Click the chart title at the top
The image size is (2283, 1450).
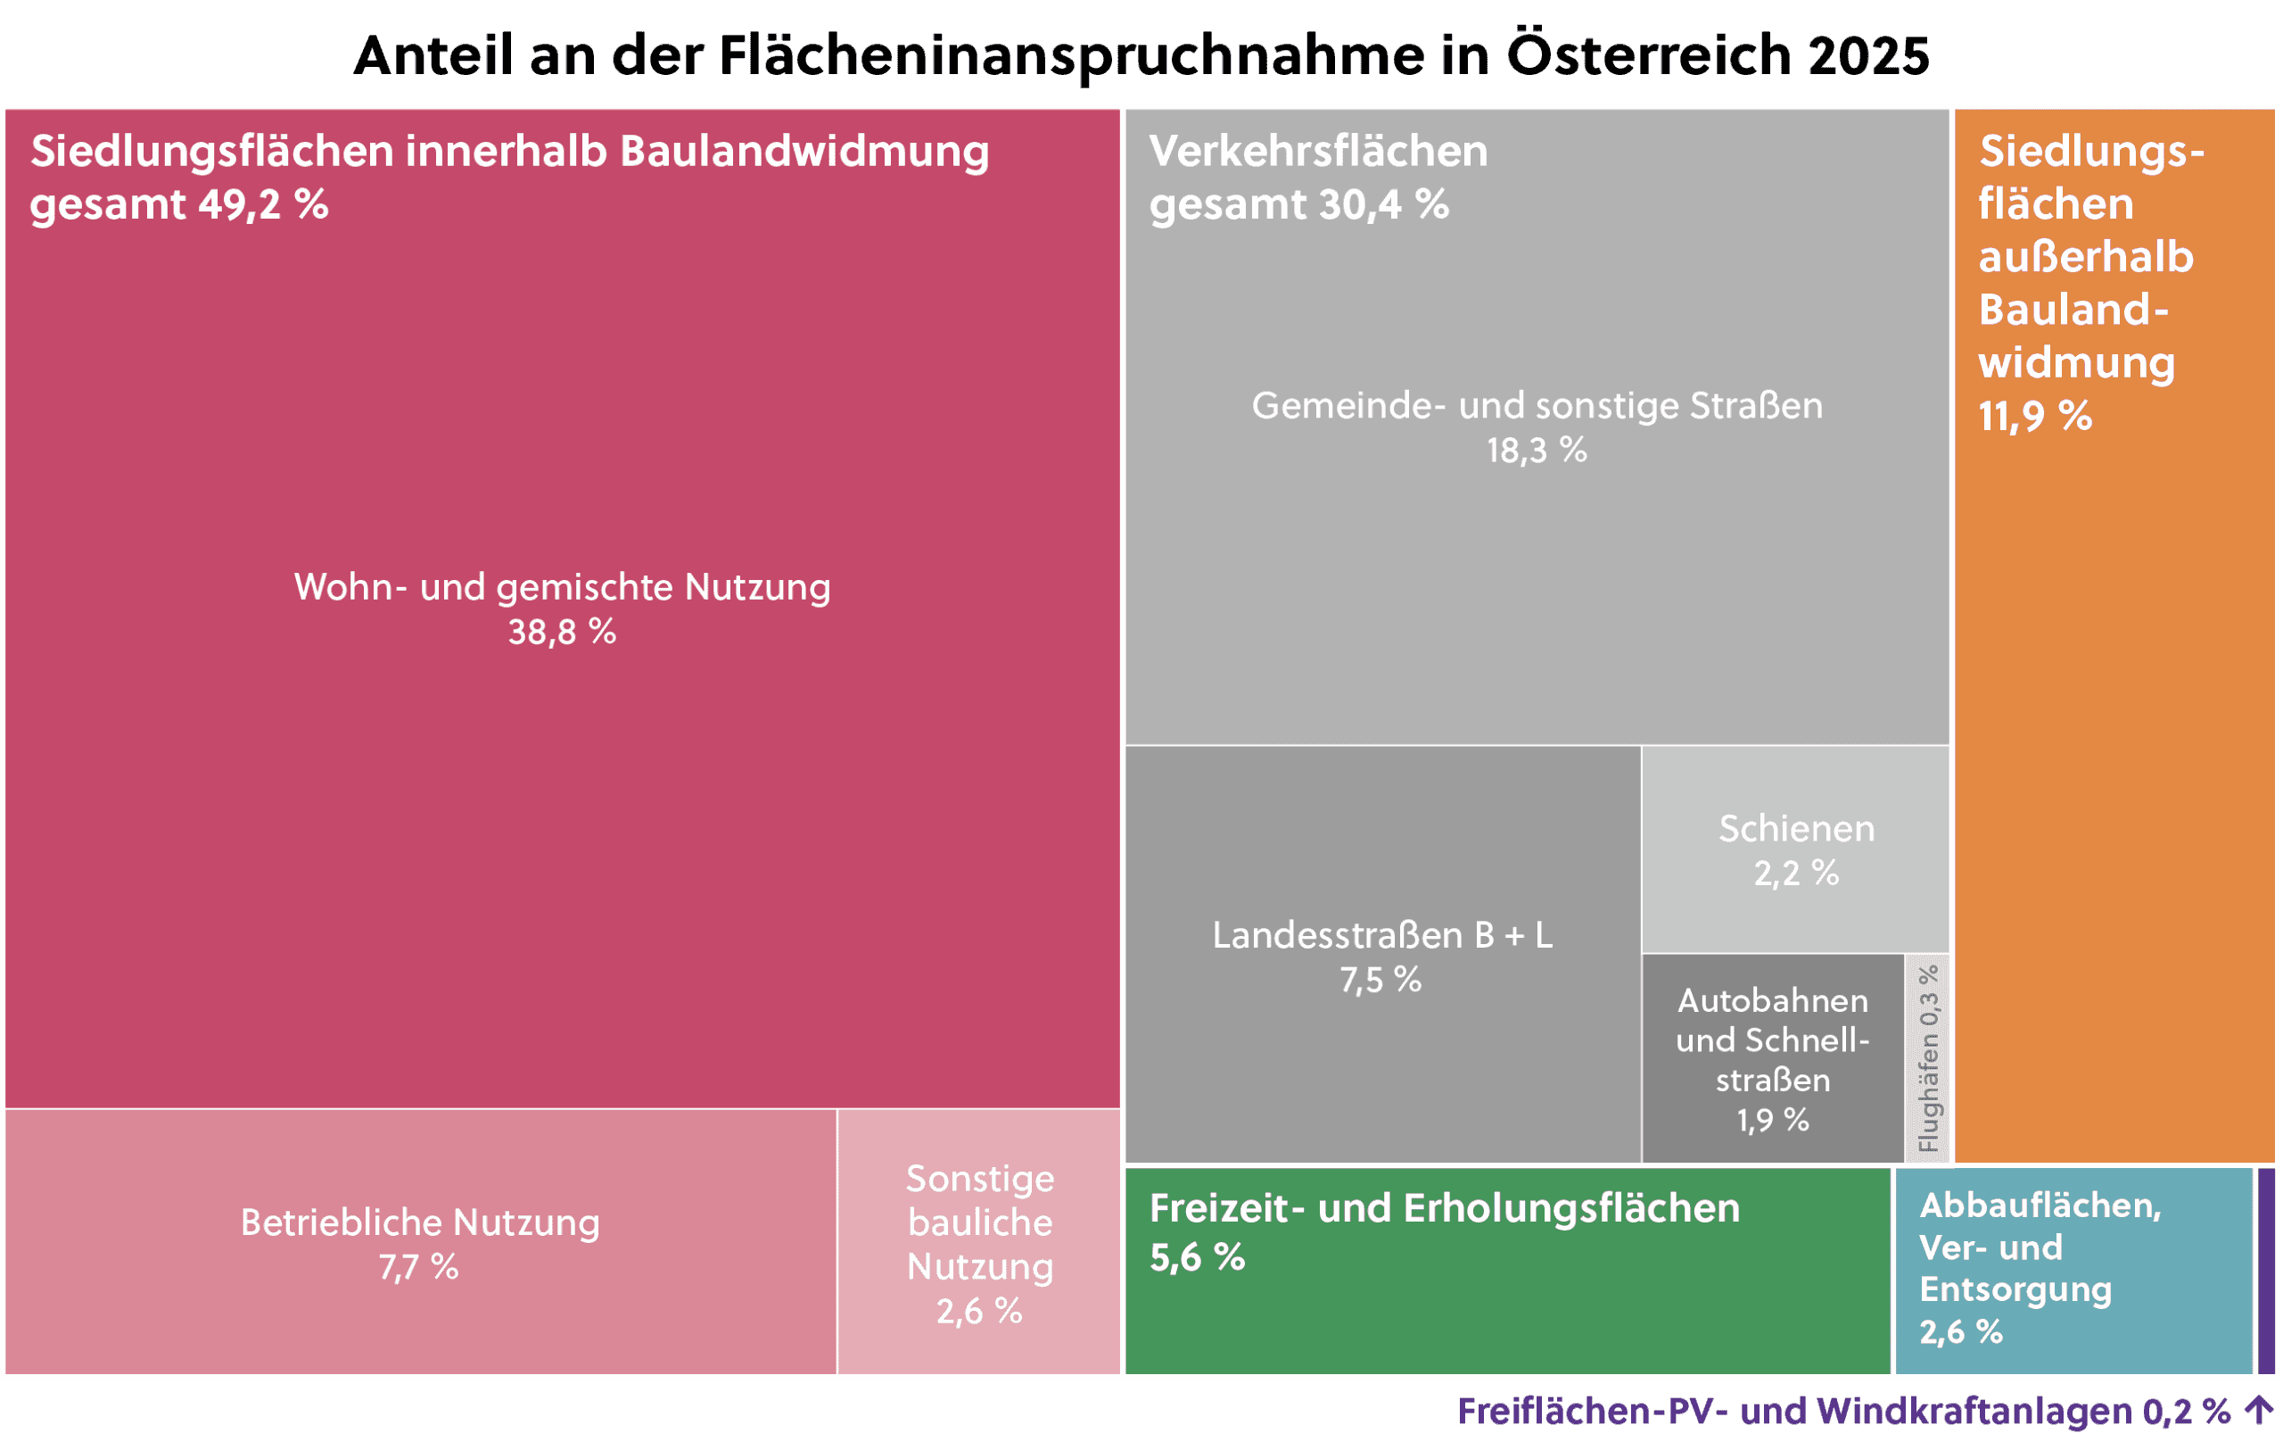(1141, 55)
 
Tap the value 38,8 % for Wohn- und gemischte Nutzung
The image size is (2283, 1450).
(561, 632)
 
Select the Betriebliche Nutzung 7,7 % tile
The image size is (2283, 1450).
(420, 1243)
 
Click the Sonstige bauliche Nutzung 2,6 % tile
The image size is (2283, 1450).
(979, 1243)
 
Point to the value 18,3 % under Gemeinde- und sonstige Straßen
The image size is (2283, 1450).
(1536, 451)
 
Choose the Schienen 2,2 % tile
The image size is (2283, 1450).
(1796, 849)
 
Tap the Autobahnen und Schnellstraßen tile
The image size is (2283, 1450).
(1772, 1059)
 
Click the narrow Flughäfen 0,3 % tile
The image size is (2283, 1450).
(1927, 1058)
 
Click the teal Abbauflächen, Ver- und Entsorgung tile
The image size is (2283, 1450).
(2073, 1271)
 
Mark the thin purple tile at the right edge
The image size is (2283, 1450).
(2266, 1271)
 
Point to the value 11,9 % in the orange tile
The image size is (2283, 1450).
(2034, 416)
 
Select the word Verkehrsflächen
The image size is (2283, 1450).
(1318, 152)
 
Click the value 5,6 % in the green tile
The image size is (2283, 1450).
(1197, 1257)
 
